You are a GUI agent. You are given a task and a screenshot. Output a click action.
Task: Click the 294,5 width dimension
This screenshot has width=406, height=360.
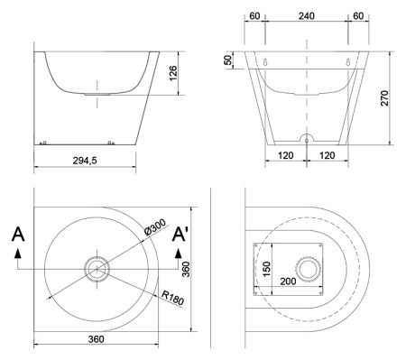(x=85, y=161)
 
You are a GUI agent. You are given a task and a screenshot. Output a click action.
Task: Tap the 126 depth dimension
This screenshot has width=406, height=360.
(x=173, y=73)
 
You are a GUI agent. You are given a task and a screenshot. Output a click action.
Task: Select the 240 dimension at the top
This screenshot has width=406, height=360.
(x=307, y=15)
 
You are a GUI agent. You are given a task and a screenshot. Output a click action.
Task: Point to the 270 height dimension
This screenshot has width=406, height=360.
(x=384, y=97)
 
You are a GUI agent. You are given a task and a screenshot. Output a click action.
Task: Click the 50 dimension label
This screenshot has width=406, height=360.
(x=229, y=60)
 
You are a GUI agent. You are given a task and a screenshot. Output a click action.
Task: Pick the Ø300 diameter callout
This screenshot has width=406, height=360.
(x=155, y=226)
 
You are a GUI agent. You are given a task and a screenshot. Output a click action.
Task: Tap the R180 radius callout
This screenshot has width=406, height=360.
(x=172, y=298)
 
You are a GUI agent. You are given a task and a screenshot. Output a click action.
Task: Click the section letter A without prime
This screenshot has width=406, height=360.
(x=18, y=234)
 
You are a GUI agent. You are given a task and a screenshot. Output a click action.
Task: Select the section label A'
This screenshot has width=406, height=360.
(x=180, y=234)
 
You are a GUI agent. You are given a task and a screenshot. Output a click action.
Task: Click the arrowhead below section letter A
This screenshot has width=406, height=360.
(x=18, y=254)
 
